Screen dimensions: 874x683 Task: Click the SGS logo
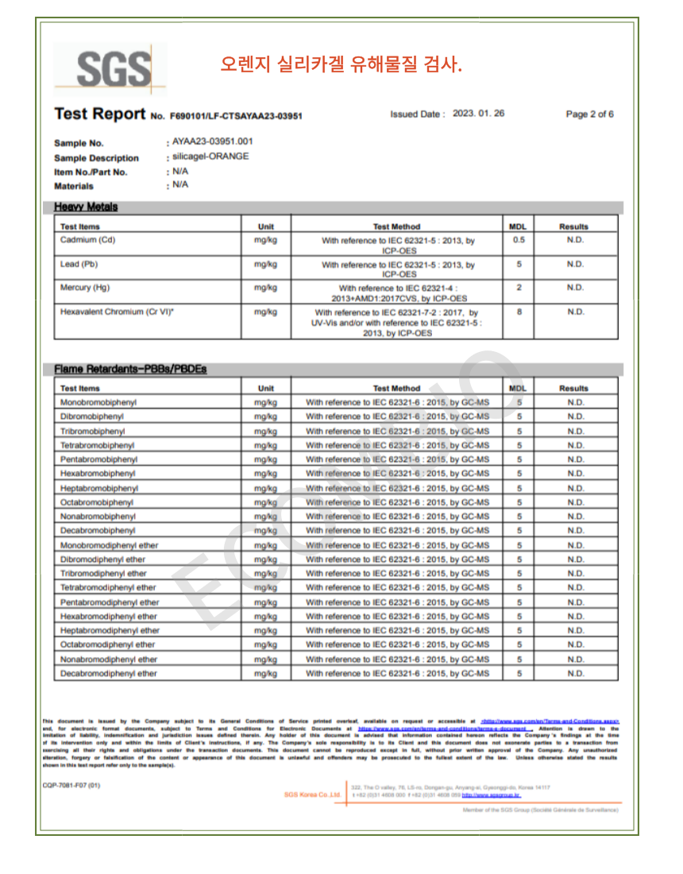(110, 69)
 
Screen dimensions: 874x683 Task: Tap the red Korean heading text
(341, 64)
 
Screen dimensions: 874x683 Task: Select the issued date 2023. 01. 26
(478, 114)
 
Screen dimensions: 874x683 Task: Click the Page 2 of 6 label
(589, 114)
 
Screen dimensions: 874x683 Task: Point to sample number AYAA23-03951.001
(213, 141)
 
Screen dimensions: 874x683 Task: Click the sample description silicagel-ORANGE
(210, 157)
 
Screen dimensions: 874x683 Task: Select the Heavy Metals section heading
(86, 207)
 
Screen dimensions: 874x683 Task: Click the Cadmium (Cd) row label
(88, 240)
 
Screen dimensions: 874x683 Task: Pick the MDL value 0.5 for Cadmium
(519, 240)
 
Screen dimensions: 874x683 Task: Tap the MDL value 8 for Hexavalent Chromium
(519, 312)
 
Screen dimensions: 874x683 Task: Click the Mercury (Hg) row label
(85, 288)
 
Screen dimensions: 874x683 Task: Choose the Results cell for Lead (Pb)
(575, 264)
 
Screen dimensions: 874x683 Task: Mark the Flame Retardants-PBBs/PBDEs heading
(130, 369)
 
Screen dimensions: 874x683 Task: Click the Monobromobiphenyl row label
(98, 402)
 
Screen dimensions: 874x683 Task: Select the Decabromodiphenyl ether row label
(109, 674)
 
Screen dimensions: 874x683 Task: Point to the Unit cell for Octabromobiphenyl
(266, 502)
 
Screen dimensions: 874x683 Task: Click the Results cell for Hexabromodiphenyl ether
(575, 617)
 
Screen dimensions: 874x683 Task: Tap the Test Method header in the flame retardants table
(396, 389)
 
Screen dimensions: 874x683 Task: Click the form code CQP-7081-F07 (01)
(71, 785)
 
